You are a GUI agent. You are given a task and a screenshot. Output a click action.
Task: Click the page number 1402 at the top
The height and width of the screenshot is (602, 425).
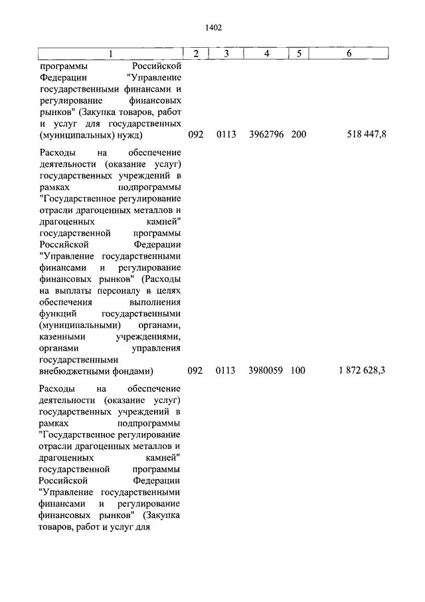pyautogui.click(x=212, y=27)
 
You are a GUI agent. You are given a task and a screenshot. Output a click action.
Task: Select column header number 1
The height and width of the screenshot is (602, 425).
pyautogui.click(x=111, y=53)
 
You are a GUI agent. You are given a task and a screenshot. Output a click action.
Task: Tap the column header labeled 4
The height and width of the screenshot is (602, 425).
pyautogui.click(x=266, y=53)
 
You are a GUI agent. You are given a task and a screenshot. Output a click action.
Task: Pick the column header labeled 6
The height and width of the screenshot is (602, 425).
pyautogui.click(x=349, y=53)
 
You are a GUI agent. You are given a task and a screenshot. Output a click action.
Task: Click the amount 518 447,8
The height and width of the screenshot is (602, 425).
pyautogui.click(x=367, y=134)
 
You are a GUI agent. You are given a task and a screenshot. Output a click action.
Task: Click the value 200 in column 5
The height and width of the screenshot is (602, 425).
pyautogui.click(x=298, y=134)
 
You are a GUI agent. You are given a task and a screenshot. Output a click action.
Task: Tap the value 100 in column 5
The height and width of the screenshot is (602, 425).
pyautogui.click(x=298, y=371)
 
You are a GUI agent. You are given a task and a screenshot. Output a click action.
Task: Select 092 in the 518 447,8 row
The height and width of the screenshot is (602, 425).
pyautogui.click(x=195, y=134)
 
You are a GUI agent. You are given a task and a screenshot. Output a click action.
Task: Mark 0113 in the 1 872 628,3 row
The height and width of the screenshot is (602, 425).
pyautogui.click(x=226, y=371)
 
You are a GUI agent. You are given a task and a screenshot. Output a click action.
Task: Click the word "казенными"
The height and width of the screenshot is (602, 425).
pyautogui.click(x=61, y=337)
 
